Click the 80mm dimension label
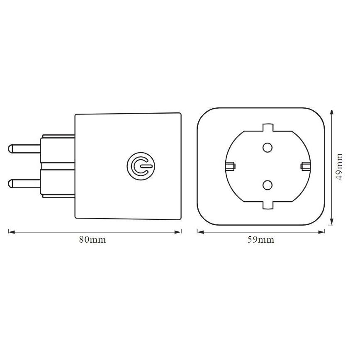[x=92, y=240]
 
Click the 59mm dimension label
[x=260, y=240]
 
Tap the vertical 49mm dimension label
[x=340, y=167]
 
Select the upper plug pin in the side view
[x=24, y=148]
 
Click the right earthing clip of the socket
[x=305, y=167]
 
